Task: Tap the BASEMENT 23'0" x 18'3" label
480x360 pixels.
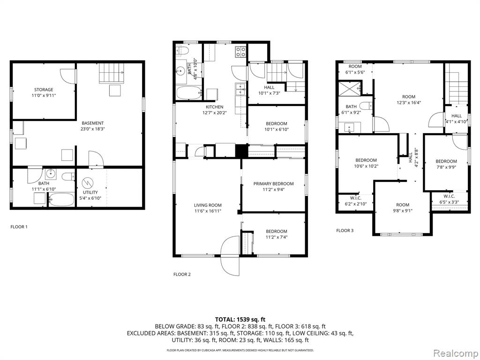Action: [92, 126]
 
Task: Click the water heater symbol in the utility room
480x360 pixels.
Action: [87, 183]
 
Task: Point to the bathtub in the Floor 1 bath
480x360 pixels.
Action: [61, 199]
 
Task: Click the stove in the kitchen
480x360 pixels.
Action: [240, 52]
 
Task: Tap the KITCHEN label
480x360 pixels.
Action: [214, 107]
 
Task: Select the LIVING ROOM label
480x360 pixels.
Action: [208, 205]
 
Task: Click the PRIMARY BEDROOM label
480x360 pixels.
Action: [273, 184]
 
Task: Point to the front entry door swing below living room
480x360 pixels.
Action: [230, 255]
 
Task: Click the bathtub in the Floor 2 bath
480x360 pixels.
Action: [189, 93]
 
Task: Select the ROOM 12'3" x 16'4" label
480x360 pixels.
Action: [409, 99]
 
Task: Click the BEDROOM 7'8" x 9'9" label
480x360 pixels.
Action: [446, 164]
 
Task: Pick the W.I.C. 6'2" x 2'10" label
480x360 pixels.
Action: [355, 201]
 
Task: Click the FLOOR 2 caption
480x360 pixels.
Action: [182, 274]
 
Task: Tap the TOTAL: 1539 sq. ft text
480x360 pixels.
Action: [240, 320]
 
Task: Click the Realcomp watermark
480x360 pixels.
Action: [456, 353]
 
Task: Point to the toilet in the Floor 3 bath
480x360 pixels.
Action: [366, 106]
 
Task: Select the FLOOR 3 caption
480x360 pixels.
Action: [345, 230]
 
